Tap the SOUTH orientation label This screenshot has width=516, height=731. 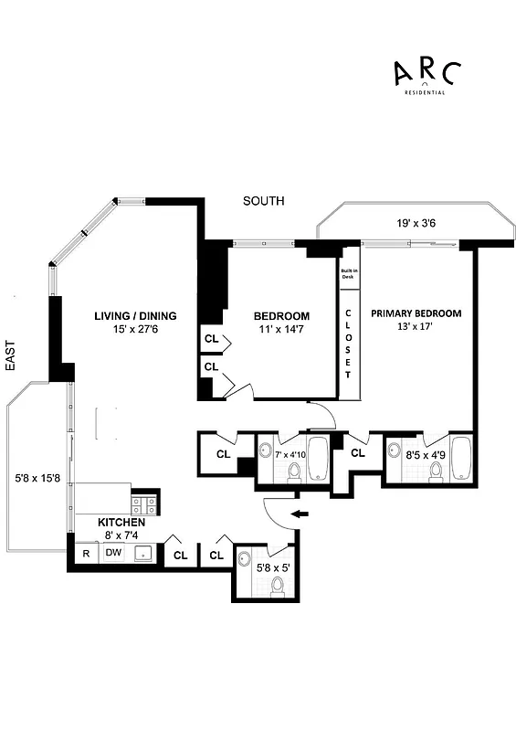pos(263,201)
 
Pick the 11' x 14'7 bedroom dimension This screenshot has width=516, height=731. pos(281,334)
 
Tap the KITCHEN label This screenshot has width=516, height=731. pos(121,522)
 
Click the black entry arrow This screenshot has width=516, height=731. pos(300,516)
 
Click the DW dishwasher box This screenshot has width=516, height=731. pos(113,552)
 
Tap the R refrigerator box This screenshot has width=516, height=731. pos(86,552)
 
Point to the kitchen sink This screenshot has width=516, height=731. pos(144,553)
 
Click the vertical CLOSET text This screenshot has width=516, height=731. pos(348,344)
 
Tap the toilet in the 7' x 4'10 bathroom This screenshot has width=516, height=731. pos(294,470)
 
